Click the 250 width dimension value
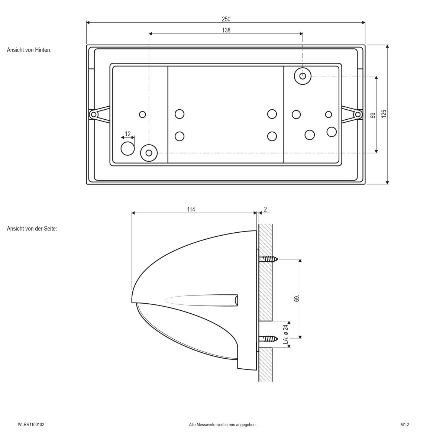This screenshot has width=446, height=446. [x=226, y=19]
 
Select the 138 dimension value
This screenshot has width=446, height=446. [x=226, y=30]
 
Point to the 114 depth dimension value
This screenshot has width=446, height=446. [x=191, y=210]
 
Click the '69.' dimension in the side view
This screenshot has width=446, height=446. [x=297, y=299]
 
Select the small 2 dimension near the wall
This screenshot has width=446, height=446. [x=265, y=210]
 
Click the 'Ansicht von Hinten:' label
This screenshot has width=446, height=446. [x=29, y=49]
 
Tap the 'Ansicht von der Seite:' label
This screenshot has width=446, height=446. [x=32, y=229]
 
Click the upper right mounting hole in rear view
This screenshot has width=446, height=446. [x=303, y=76]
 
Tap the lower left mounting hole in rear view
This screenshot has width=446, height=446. [x=149, y=152]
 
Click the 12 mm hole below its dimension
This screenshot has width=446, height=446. [x=127, y=148]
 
